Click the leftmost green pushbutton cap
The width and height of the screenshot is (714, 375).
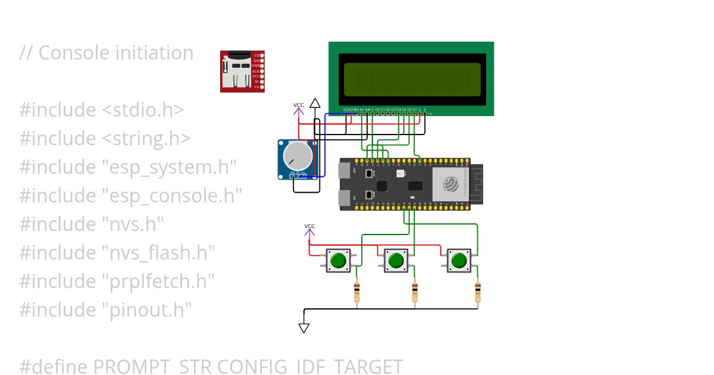[338, 261]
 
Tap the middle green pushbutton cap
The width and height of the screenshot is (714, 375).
[396, 261]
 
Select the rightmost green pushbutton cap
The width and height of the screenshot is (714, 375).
[459, 261]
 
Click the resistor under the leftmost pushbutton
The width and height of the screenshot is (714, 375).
[356, 293]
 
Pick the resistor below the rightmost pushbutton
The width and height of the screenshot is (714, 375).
[477, 293]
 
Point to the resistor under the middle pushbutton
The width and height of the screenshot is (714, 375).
[415, 293]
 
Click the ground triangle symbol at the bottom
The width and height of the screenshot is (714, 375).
[304, 327]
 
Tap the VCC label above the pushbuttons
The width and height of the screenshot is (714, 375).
[309, 226]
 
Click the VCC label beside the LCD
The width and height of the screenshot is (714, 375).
[299, 105]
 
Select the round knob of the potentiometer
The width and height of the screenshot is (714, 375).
[296, 155]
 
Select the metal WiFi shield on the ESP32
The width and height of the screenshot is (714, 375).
[450, 184]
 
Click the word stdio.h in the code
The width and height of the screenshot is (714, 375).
[146, 110]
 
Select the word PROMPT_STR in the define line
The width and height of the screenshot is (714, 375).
[153, 367]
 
